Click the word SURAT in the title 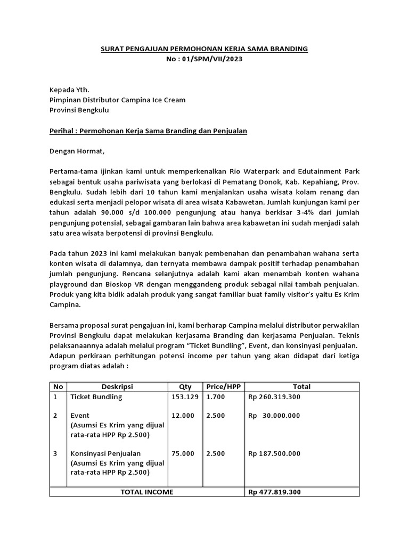[112, 49]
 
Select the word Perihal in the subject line [62, 131]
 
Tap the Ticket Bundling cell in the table [96, 397]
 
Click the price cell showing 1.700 [215, 397]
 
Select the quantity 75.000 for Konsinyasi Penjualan [182, 453]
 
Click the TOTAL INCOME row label [146, 492]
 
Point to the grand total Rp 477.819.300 [274, 492]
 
